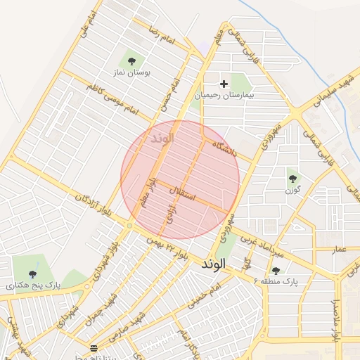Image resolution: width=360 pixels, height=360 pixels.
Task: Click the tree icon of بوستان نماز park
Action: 131,60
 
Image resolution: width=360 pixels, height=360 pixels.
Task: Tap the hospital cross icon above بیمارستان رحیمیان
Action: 224,84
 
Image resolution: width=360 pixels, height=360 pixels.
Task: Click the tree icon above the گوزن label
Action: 292,178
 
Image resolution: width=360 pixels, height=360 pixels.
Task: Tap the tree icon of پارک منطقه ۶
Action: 275,270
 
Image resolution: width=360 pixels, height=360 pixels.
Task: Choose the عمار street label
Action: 340,249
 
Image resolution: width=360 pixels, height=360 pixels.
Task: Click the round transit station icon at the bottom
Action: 94,348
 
